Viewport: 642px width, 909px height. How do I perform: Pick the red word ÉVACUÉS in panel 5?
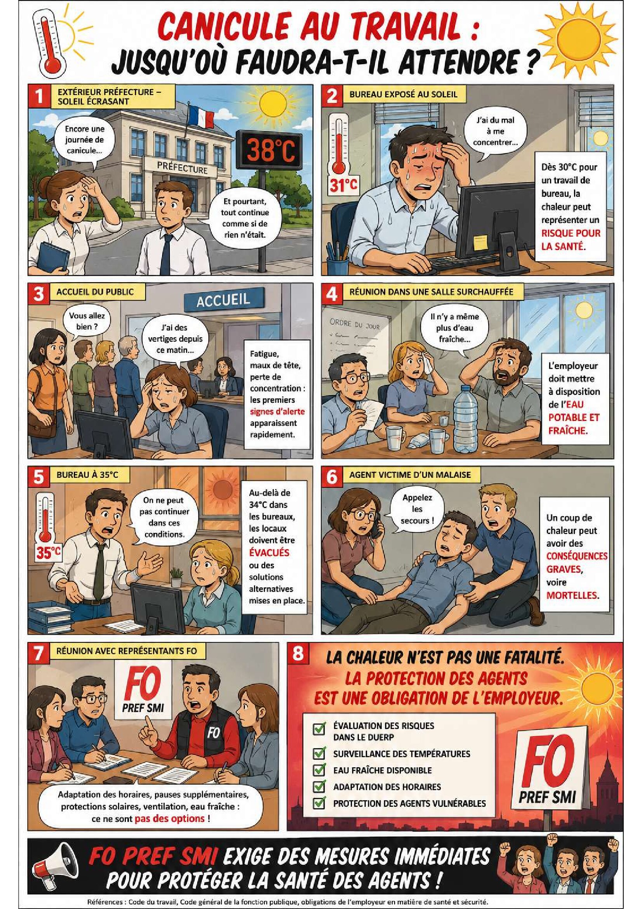(x=269, y=552)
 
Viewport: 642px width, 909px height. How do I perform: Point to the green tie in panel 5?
(x=101, y=566)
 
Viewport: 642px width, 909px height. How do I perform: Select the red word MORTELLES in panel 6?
(x=571, y=595)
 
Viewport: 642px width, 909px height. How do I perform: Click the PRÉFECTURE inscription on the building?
(x=182, y=167)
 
